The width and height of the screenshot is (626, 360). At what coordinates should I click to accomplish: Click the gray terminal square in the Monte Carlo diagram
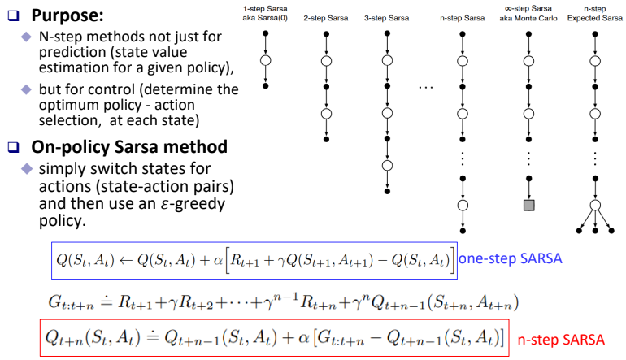pos(528,206)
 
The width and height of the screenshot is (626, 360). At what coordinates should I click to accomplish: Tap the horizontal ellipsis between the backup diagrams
pos(428,86)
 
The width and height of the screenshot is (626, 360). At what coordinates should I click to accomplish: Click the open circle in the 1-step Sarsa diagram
pos(266,59)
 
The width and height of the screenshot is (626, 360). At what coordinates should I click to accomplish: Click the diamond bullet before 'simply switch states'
pos(27,168)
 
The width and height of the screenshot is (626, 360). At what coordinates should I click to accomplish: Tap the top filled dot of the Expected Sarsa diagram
pos(597,33)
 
